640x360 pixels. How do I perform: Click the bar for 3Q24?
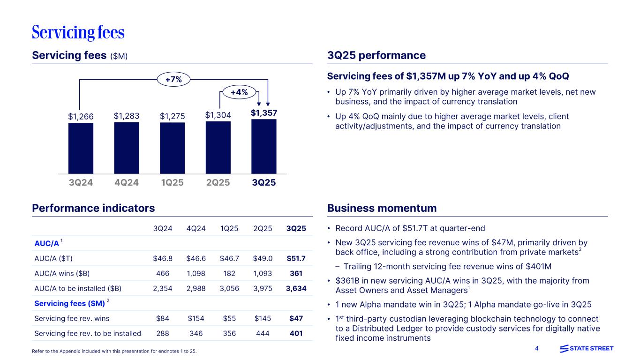pyautogui.click(x=81, y=148)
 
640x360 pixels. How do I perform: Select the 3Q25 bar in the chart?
pyautogui.click(x=264, y=146)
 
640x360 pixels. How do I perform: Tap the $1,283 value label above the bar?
pyautogui.click(x=127, y=115)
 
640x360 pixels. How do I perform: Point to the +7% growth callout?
pyautogui.click(x=173, y=80)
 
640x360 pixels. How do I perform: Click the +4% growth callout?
pyautogui.click(x=239, y=92)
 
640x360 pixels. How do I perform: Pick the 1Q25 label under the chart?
pyautogui.click(x=172, y=182)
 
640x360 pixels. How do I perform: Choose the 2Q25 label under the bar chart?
pyautogui.click(x=218, y=182)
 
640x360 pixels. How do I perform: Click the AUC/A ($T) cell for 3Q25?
pyautogui.click(x=296, y=258)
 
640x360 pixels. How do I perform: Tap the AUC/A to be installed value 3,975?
pyautogui.click(x=263, y=288)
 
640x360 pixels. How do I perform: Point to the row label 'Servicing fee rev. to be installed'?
pyautogui.click(x=88, y=333)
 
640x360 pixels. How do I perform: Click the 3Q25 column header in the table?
pyautogui.click(x=296, y=228)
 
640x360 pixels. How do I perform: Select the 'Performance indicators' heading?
pyautogui.click(x=93, y=208)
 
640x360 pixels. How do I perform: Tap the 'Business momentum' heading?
pyautogui.click(x=381, y=208)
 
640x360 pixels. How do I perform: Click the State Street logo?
pyautogui.click(x=587, y=348)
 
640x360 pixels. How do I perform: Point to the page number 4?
pyautogui.click(x=537, y=348)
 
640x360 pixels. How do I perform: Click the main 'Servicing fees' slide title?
pyautogui.click(x=78, y=32)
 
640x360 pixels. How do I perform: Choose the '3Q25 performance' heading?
pyautogui.click(x=376, y=55)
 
